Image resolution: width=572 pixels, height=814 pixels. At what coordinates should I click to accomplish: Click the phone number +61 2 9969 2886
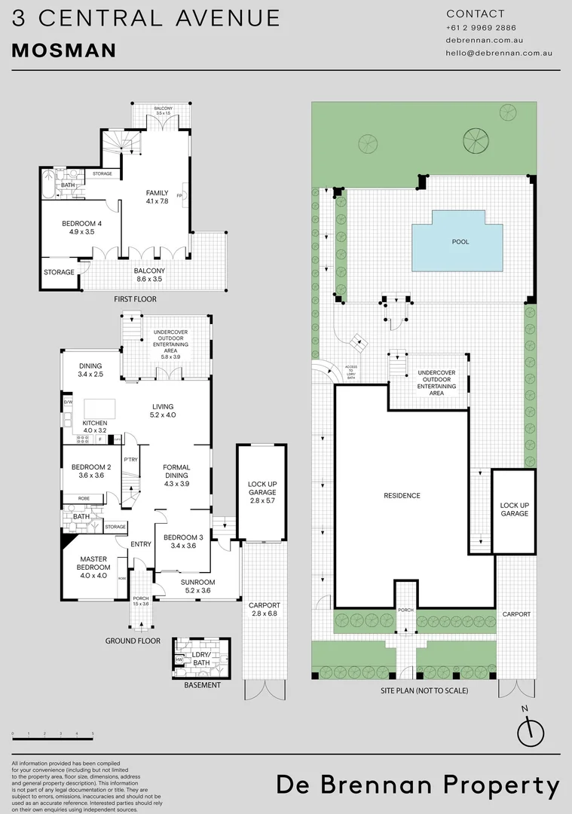(x=481, y=28)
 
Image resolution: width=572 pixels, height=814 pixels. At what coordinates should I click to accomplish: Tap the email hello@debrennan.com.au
(x=500, y=54)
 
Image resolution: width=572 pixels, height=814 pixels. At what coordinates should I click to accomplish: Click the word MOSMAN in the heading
(x=64, y=50)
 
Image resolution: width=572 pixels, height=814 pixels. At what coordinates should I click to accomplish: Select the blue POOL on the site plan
(x=460, y=242)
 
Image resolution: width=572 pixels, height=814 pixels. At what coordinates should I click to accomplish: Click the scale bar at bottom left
(x=52, y=734)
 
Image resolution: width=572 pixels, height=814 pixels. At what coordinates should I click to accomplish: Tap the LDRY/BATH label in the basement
(x=200, y=658)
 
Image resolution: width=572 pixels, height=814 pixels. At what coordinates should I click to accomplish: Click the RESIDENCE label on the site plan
(x=401, y=495)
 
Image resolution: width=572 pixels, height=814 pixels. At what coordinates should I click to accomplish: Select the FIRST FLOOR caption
(x=136, y=299)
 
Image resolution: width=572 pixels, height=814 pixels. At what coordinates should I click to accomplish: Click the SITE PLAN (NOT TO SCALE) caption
(x=424, y=690)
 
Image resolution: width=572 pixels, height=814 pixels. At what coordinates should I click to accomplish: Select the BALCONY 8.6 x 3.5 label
(x=148, y=274)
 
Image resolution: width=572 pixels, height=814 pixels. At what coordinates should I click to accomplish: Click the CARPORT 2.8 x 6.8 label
(x=264, y=609)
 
